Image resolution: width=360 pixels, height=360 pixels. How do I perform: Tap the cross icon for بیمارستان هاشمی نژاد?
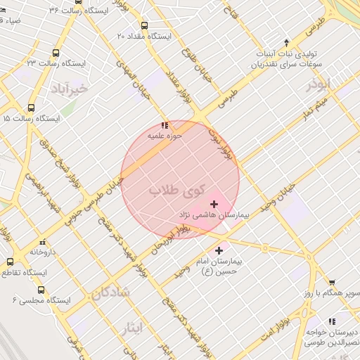point(214,204)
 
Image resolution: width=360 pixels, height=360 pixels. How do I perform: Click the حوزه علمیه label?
point(165,134)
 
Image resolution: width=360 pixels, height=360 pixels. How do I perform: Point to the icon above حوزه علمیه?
point(165,125)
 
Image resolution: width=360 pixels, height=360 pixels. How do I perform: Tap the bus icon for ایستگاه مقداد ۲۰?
point(145,25)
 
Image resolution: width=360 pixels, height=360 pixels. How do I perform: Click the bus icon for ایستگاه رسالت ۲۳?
point(56,53)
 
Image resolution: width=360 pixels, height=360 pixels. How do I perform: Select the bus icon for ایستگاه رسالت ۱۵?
point(30,108)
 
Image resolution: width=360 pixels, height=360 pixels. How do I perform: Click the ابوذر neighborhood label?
point(318,84)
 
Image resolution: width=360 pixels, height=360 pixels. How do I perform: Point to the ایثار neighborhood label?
point(131,326)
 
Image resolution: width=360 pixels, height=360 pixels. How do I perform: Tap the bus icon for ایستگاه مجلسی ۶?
point(41,289)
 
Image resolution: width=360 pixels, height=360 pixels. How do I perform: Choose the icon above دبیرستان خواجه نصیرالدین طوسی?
point(331,321)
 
